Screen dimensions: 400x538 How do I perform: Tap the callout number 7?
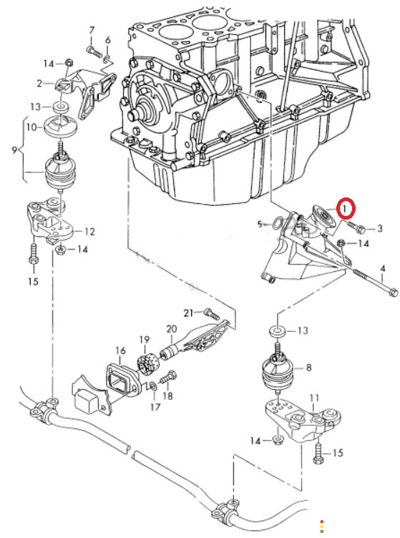(x=92, y=31)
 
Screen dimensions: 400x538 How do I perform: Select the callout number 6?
(x=108, y=40)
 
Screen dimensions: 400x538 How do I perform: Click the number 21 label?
(x=189, y=313)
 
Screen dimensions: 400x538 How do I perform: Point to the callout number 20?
(x=172, y=329)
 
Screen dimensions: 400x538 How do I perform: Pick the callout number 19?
(x=145, y=340)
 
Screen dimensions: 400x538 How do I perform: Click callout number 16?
(x=120, y=351)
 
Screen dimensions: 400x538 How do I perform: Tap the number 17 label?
(x=155, y=407)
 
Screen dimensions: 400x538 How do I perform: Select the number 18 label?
(x=167, y=396)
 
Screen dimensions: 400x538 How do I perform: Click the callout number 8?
(x=308, y=368)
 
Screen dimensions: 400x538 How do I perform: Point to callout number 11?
(x=314, y=398)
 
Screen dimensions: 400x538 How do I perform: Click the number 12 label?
(x=89, y=232)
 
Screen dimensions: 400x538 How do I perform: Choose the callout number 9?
(x=14, y=150)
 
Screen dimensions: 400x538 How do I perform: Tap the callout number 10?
(x=31, y=127)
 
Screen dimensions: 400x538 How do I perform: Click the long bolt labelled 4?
(x=375, y=282)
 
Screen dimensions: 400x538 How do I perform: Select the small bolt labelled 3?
(x=356, y=227)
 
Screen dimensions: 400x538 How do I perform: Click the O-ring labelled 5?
(x=277, y=225)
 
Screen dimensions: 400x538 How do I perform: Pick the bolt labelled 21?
(x=211, y=313)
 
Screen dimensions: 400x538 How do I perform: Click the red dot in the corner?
(x=322, y=522)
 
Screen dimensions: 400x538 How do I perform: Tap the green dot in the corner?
(x=322, y=532)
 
